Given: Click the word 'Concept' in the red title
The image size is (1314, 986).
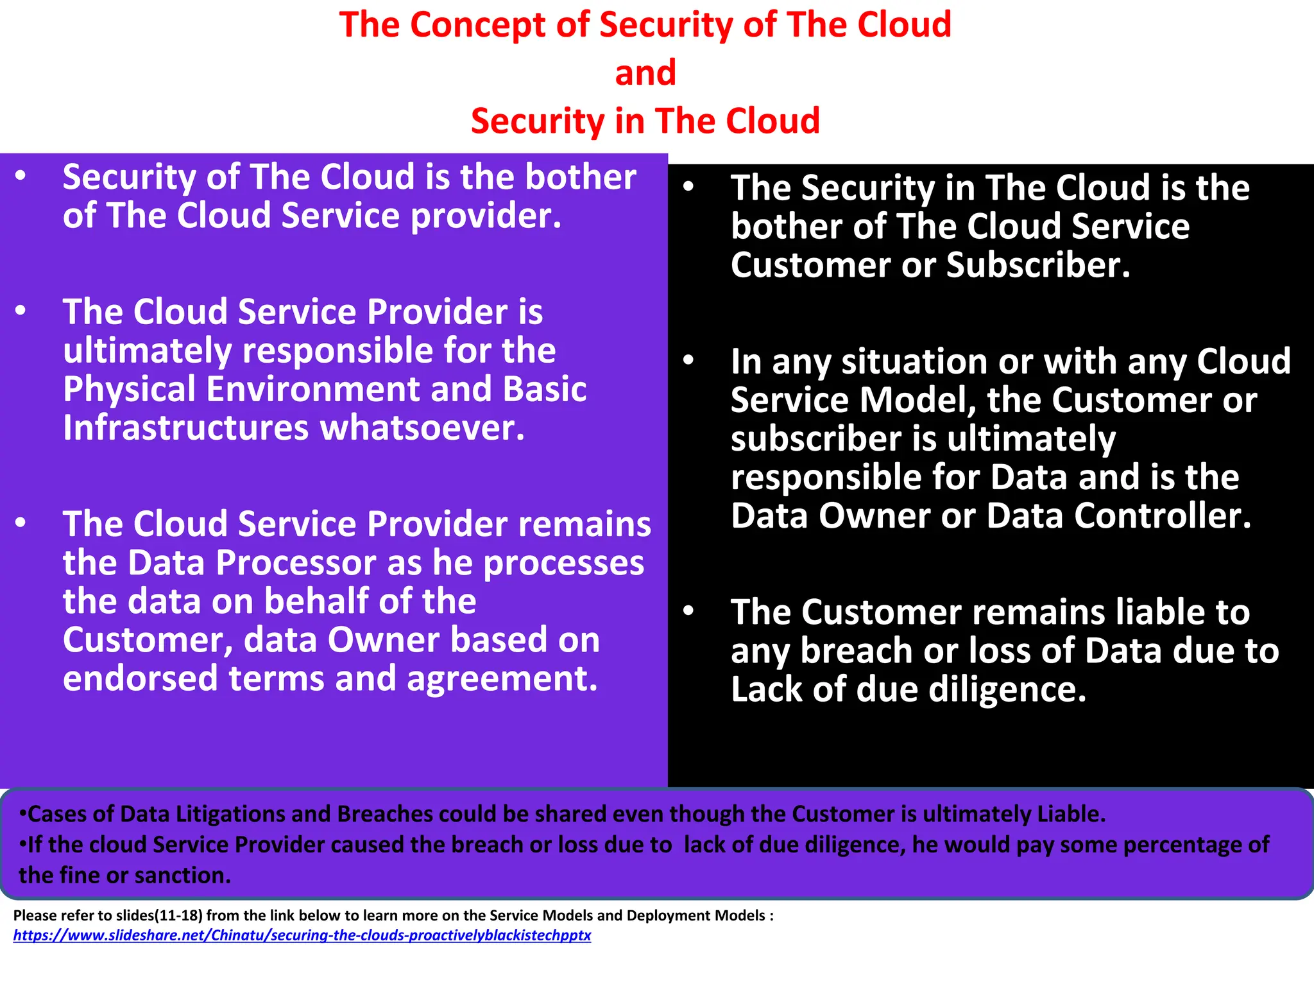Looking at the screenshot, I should click(x=477, y=26).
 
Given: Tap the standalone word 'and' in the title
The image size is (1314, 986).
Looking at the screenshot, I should click(x=645, y=73).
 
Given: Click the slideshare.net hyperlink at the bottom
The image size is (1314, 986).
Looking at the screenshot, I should click(x=302, y=935).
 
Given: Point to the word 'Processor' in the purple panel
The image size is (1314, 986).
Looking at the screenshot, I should click(x=318, y=563).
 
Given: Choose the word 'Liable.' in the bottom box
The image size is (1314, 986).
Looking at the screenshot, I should click(x=1071, y=814).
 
